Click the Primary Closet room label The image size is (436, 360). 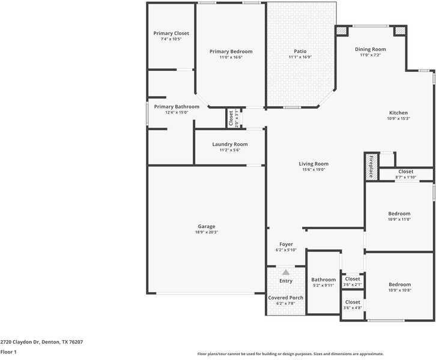(171, 34)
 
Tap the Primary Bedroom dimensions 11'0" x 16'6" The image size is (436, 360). (231, 57)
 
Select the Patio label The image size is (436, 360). (300, 52)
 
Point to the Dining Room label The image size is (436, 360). (370, 49)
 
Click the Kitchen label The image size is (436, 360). (398, 113)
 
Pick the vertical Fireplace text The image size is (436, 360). (371, 167)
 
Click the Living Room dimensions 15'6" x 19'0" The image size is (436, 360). (313, 169)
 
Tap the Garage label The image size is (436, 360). (207, 227)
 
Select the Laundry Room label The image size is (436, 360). (229, 145)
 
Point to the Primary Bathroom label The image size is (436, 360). (177, 107)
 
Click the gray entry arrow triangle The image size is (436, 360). (286, 272)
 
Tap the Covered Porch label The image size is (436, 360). (286, 298)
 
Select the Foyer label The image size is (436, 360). (286, 244)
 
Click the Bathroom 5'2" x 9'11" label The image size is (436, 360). (323, 282)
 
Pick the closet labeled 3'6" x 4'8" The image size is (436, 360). (353, 305)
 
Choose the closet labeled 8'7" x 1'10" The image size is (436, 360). (405, 174)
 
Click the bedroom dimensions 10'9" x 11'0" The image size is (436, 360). (399, 220)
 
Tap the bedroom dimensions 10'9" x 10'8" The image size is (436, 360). (399, 290)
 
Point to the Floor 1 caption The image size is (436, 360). (8, 352)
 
